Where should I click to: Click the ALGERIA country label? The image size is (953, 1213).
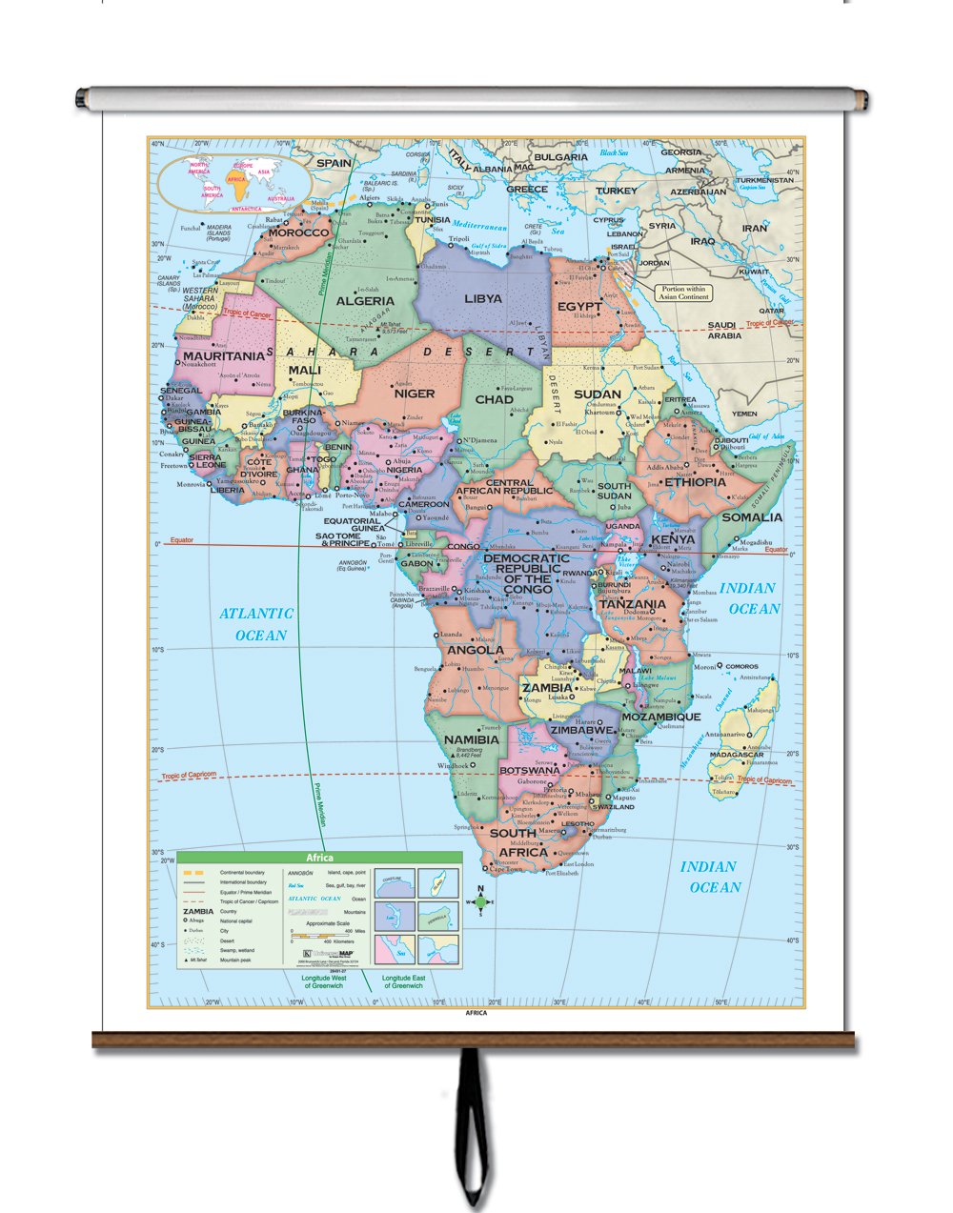pyautogui.click(x=366, y=301)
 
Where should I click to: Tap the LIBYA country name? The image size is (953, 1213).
pyautogui.click(x=483, y=298)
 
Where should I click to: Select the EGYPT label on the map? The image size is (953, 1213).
pyautogui.click(x=580, y=307)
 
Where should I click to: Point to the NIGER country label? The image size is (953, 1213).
pyautogui.click(x=415, y=393)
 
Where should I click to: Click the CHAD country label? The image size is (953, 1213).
pyautogui.click(x=494, y=399)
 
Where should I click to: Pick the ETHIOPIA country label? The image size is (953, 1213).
pyautogui.click(x=696, y=482)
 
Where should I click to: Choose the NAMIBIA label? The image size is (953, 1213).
pyautogui.click(x=472, y=739)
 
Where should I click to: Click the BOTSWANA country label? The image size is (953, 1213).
pyautogui.click(x=530, y=770)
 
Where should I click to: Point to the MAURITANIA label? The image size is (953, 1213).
pyautogui.click(x=223, y=355)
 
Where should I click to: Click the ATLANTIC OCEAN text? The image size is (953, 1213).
pyautogui.click(x=256, y=624)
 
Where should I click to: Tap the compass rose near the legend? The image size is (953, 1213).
pyautogui.click(x=481, y=901)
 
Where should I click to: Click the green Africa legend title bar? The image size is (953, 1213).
pyautogui.click(x=319, y=858)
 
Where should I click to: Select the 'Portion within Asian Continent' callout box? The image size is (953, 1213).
pyautogui.click(x=681, y=293)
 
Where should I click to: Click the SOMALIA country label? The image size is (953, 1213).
pyautogui.click(x=752, y=517)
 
